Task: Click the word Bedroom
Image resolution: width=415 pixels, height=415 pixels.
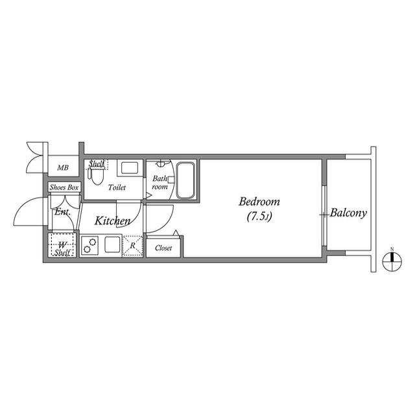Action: (x=258, y=201)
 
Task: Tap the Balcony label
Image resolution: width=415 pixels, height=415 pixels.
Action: (x=348, y=212)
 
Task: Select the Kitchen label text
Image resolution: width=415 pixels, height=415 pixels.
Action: (x=113, y=221)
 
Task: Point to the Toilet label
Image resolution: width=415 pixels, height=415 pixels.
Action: (x=117, y=188)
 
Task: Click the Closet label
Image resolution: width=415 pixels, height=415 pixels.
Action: (x=163, y=248)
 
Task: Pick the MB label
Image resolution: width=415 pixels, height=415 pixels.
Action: (x=62, y=168)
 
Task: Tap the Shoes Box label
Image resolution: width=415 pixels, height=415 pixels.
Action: (x=64, y=187)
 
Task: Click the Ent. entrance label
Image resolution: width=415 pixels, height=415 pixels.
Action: (x=62, y=212)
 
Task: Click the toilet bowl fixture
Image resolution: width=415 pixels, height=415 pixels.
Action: (x=97, y=176)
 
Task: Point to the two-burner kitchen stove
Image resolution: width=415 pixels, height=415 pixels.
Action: (x=89, y=246)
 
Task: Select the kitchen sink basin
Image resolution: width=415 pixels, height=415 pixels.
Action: (x=112, y=245)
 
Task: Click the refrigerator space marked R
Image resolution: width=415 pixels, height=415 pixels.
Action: (x=132, y=246)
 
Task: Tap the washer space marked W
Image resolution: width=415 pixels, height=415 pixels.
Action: (x=63, y=244)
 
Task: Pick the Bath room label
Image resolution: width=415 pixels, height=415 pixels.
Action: (x=160, y=182)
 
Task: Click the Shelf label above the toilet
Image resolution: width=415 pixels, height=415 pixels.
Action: (x=97, y=164)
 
